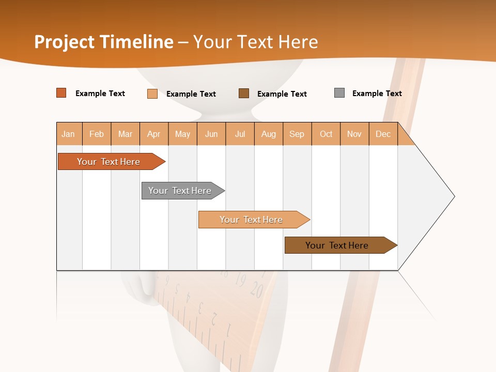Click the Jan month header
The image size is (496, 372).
[69, 134]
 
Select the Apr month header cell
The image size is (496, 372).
[154, 134]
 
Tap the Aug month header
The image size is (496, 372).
[269, 134]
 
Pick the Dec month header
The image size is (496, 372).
[383, 134]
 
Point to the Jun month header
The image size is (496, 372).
[211, 134]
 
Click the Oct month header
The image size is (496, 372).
[326, 134]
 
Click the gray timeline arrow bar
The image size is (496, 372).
[181, 191]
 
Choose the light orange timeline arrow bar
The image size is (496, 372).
[252, 220]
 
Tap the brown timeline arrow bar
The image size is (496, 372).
[338, 245]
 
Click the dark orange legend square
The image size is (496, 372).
[61, 93]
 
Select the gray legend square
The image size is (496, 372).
[339, 93]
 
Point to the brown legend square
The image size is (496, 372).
[244, 93]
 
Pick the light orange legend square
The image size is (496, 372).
[152, 94]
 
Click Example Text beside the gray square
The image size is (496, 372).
[377, 93]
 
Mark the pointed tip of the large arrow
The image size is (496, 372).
[454, 196]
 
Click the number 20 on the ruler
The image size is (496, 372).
[257, 290]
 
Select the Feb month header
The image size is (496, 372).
[97, 134]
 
